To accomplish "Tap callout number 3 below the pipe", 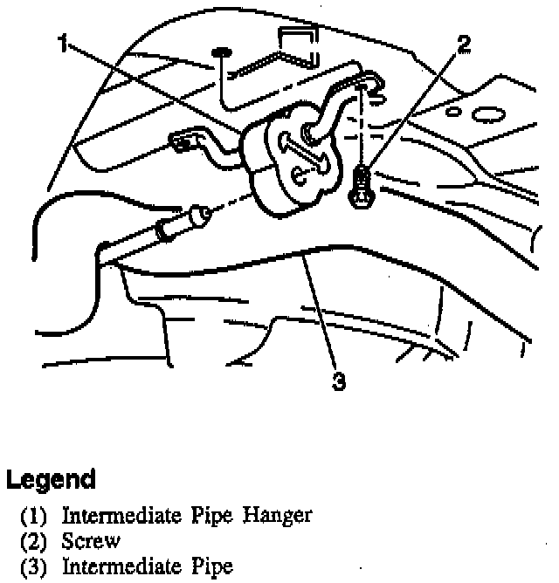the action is [x=341, y=381].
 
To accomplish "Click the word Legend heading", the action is [x=51, y=479].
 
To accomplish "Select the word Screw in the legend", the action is [x=91, y=542].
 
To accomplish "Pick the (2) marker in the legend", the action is [x=34, y=542].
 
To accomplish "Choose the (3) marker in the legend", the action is [x=34, y=567].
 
